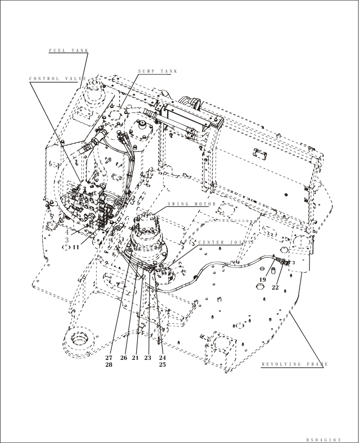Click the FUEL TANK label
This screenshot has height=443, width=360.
69,51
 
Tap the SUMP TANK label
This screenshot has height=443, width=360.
157,71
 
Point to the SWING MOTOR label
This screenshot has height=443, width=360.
192,204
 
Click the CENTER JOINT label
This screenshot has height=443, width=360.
225,243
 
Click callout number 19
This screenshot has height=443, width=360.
262,280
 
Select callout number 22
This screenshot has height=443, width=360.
275,287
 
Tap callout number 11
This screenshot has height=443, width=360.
76,247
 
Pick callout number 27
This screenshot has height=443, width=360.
109,358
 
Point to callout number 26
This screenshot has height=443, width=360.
124,358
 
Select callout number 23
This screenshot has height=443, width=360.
148,358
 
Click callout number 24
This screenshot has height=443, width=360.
162,358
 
